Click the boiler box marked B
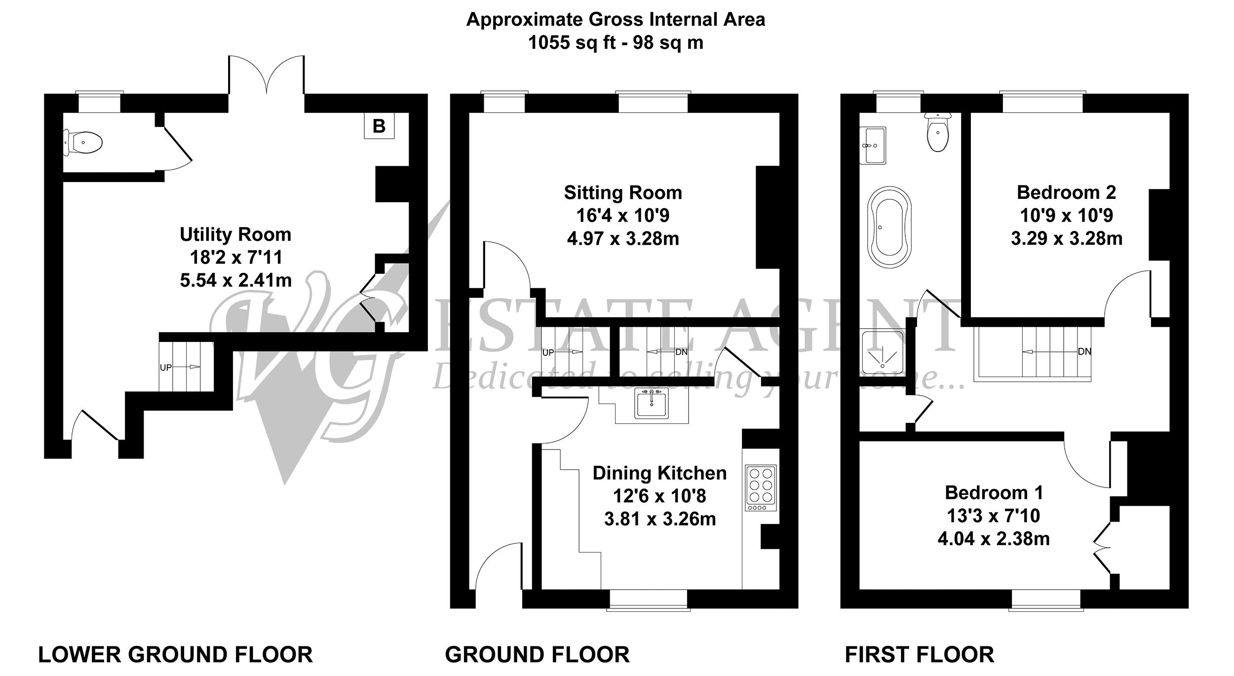point(379,126)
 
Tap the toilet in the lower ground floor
point(83,143)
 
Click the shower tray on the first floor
point(882,352)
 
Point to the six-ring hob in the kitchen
point(760,488)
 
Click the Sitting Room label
point(623,192)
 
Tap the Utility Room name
point(235,234)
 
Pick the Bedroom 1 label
point(994,492)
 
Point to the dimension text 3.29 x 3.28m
point(1067,239)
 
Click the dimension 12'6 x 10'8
point(659,495)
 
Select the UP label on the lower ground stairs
point(166,368)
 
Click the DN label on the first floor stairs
point(1084,352)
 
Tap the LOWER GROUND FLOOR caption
point(175,654)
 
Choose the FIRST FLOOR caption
point(920,654)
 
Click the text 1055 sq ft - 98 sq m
point(616,43)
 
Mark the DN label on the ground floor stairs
point(681,352)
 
